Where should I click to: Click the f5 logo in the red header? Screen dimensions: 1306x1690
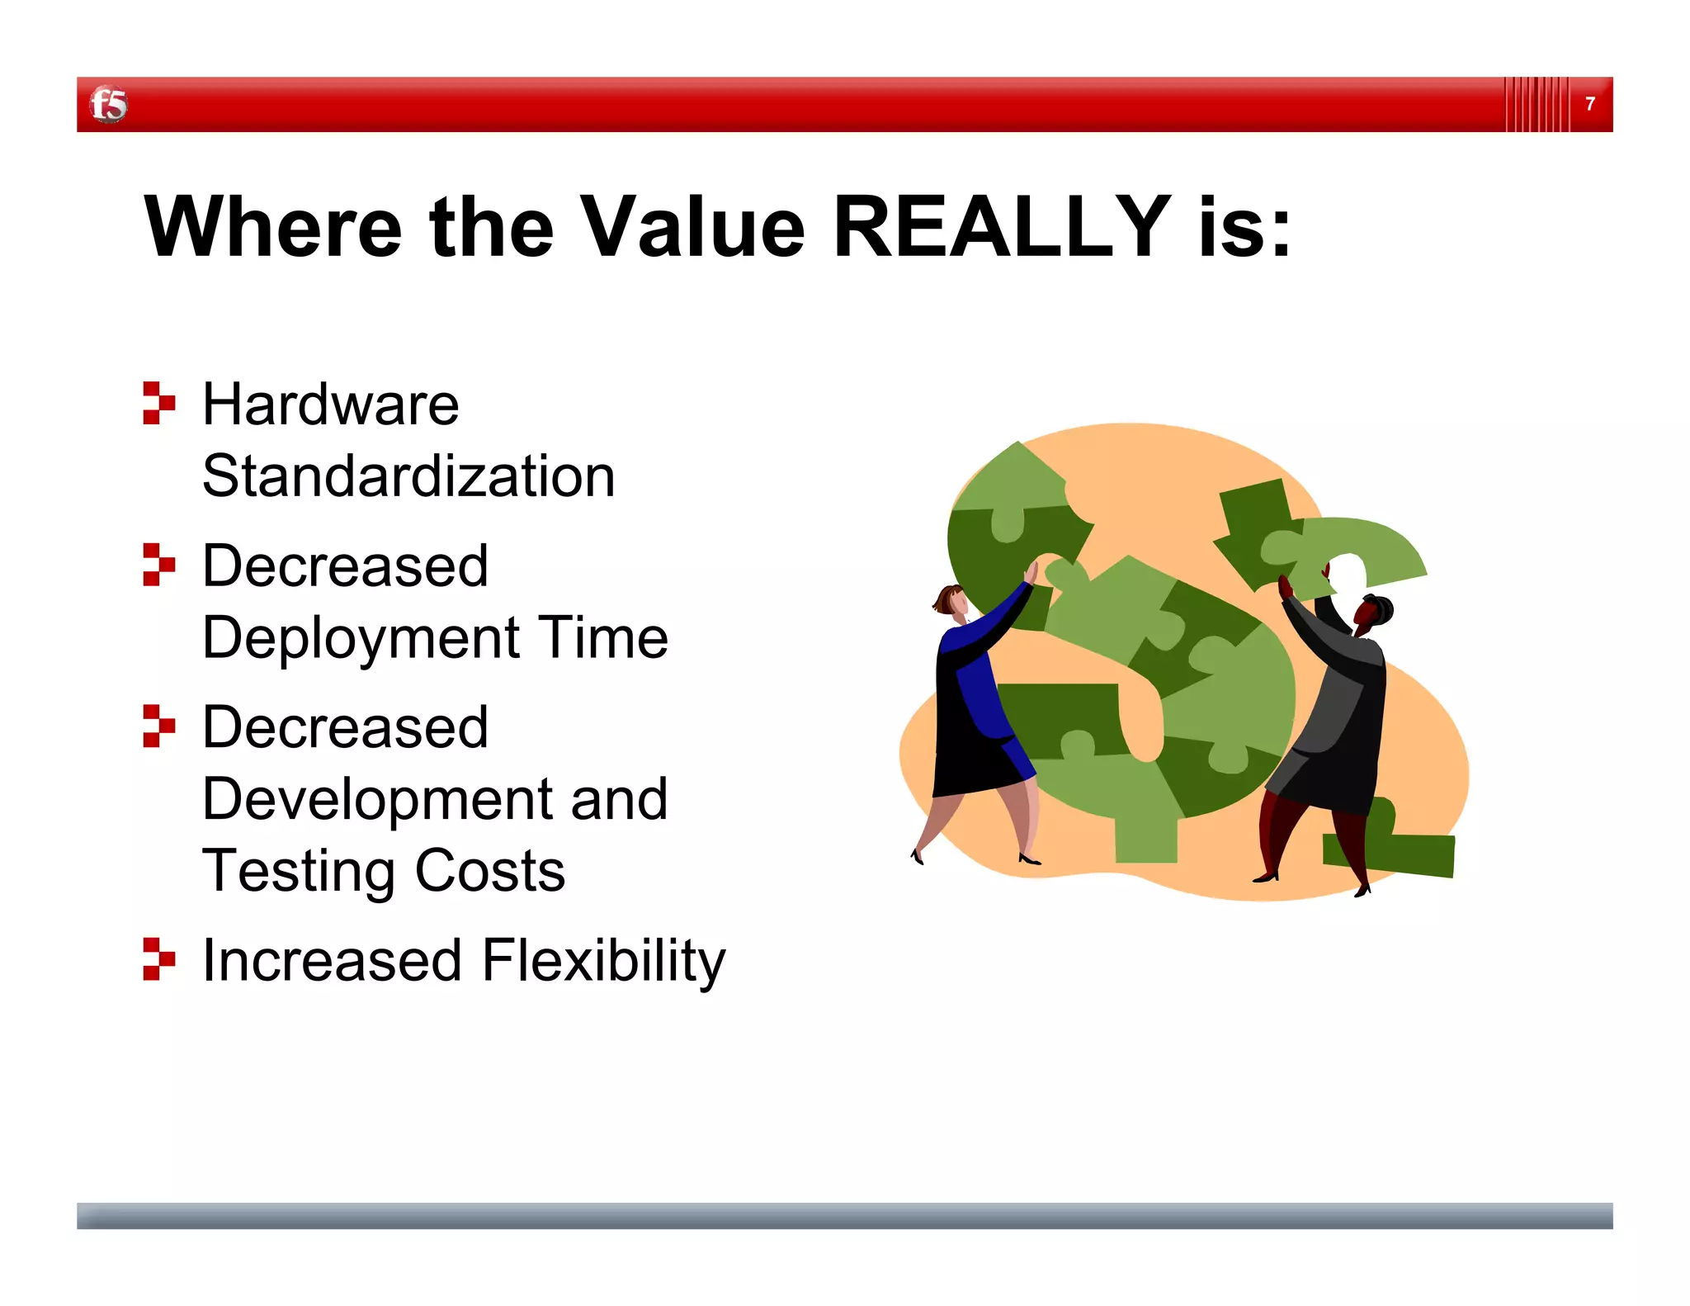(108, 105)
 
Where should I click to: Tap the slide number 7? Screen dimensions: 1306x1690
(1589, 104)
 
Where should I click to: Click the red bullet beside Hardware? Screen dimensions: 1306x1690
(158, 403)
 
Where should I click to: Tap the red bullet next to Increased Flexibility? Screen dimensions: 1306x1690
(158, 958)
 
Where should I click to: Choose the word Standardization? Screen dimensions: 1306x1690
(408, 476)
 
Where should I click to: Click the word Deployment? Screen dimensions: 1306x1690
(361, 638)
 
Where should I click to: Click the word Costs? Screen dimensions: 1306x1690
(489, 871)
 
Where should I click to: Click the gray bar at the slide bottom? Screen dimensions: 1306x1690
(844, 1215)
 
